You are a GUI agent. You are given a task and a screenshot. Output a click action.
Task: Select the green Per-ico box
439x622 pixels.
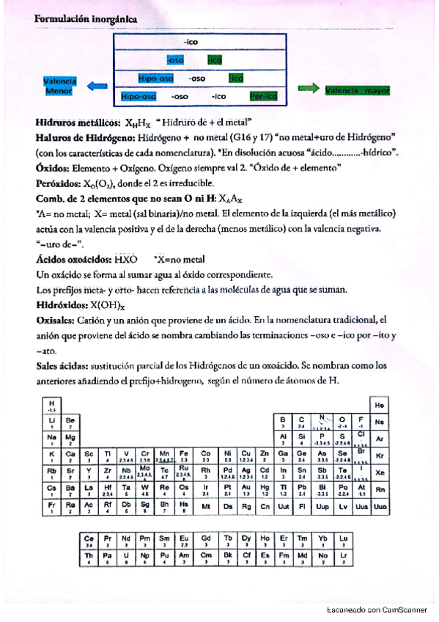coord(262,96)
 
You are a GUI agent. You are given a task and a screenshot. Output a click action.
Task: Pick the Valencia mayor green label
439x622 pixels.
coord(357,91)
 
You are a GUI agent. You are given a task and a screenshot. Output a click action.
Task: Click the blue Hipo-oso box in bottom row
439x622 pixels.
coord(139,96)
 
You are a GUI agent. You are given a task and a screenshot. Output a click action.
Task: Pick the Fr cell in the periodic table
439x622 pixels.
coord(51,506)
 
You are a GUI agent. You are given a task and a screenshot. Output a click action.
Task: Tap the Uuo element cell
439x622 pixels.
coord(380,505)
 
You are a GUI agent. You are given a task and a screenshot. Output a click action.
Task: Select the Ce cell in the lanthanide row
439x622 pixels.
coord(89,541)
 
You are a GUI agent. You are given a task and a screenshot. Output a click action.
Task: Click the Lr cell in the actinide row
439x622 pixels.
coord(344,559)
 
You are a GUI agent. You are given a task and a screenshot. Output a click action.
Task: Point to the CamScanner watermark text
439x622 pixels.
coord(376,609)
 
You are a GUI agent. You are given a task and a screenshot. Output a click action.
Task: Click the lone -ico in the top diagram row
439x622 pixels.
coord(191,43)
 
